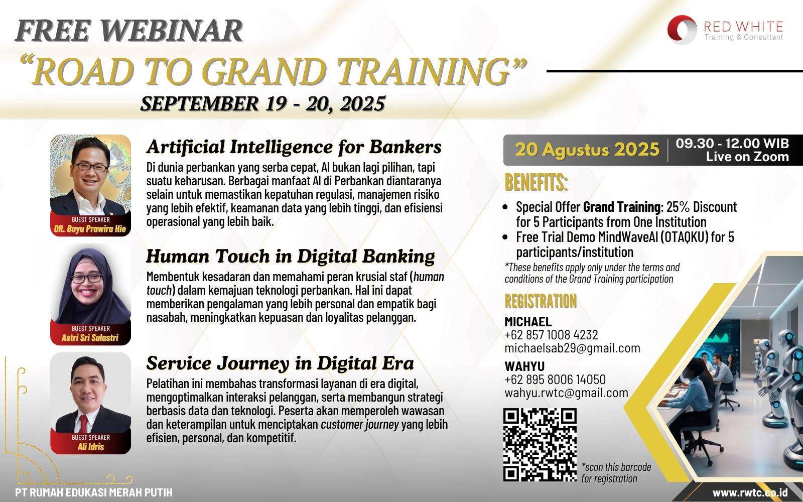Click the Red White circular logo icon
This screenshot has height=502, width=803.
682,30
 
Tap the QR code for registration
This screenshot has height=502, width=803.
540,445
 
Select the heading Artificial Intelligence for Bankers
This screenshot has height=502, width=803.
294,147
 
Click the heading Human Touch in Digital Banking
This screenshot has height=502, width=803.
291,257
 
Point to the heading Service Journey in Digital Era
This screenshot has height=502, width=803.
280,363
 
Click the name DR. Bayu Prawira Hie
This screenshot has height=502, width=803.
90,229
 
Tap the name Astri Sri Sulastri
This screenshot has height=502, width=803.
90,337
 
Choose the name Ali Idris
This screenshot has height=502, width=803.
91,446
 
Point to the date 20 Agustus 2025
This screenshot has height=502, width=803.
587,150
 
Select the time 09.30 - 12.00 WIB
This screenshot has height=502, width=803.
732,144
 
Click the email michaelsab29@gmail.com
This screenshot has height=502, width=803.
572,348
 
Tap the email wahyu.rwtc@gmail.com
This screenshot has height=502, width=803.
567,393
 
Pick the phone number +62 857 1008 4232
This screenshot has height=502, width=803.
552,335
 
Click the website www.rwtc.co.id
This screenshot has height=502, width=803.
750,492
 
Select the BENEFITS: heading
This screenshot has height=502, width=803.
536,183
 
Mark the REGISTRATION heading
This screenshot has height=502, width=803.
541,301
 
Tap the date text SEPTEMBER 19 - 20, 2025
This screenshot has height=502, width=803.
263,103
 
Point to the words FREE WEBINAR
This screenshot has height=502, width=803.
129,31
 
